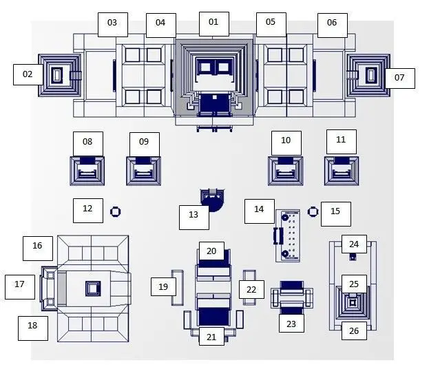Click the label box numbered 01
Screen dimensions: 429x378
214,24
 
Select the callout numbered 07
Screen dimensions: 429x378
399,78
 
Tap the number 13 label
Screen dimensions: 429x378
194,218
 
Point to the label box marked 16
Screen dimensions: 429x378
38,249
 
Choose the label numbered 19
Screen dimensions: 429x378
163,286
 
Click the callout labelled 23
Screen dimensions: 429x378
291,323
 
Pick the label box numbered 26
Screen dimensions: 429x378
354,330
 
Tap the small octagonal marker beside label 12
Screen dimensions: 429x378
116,211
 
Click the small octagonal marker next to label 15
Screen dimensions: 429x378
313,211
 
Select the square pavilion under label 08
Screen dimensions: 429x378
87,171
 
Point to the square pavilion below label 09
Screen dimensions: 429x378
144,171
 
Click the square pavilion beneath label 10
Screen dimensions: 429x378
286,171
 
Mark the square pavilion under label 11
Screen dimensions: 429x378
342,171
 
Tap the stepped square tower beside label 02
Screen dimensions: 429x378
60,75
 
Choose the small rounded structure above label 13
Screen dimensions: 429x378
213,199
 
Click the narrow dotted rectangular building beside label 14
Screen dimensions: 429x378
288,235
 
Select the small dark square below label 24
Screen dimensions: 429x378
353,257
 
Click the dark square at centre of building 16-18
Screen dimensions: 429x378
93,288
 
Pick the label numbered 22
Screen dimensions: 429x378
251,289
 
